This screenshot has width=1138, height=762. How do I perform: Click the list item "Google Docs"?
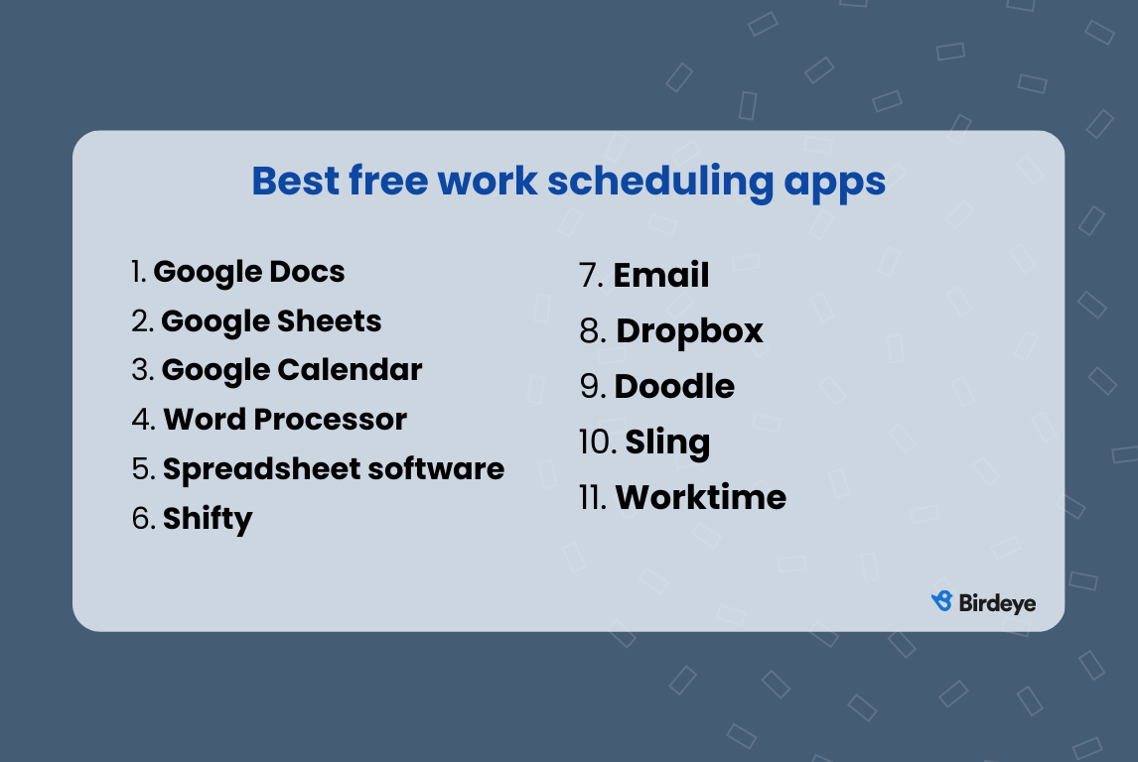tap(248, 272)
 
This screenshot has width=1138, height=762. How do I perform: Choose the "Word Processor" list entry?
tap(285, 420)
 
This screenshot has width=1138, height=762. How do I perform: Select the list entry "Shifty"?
tap(208, 519)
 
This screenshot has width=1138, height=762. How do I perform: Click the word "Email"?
tap(661, 276)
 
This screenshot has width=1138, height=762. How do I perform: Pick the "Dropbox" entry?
tap(689, 331)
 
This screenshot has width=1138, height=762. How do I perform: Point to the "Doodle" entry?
tap(674, 387)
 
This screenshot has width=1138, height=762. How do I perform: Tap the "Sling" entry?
tap(667, 443)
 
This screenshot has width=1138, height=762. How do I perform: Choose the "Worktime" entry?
tap(700, 498)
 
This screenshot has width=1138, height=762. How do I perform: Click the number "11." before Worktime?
tap(593, 498)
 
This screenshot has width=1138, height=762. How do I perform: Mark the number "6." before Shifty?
tap(144, 519)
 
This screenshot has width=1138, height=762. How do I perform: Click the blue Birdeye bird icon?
tap(941, 601)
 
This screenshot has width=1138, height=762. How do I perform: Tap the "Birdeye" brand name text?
tap(997, 602)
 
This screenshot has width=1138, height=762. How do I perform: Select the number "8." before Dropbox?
tap(593, 331)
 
